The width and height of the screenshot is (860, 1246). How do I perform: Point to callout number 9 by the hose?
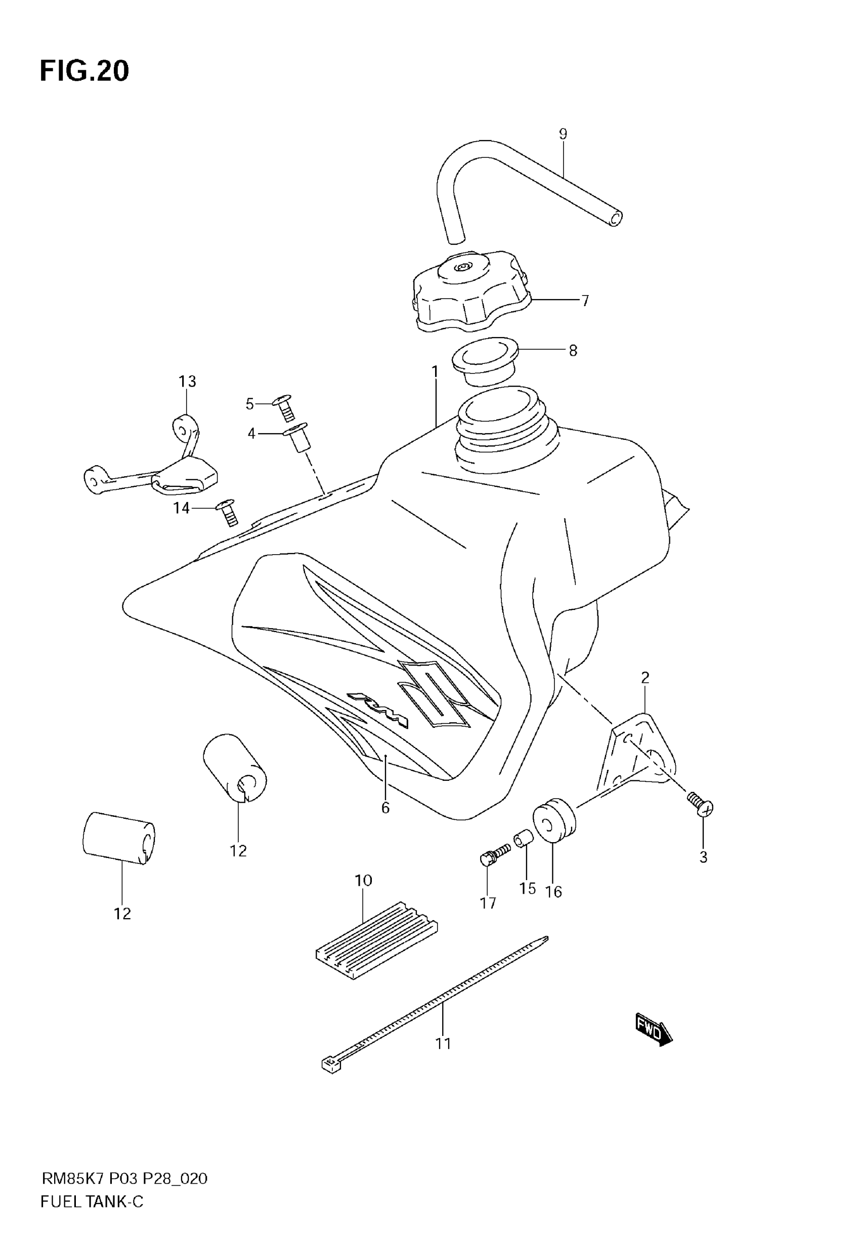click(x=563, y=134)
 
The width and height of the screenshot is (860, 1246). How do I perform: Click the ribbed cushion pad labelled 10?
click(x=376, y=940)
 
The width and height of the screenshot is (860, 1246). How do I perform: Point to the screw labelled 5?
click(x=286, y=407)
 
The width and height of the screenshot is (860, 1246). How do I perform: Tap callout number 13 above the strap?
click(x=187, y=382)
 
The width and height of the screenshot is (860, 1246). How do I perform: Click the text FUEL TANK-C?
click(x=92, y=1217)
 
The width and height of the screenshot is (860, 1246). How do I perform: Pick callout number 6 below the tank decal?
click(x=385, y=822)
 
